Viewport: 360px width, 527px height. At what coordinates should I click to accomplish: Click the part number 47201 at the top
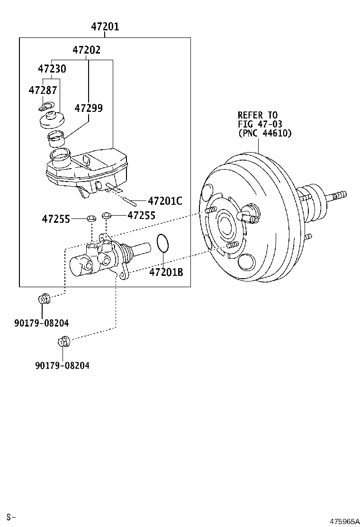point(105,27)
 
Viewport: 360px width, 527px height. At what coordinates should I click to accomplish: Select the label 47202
point(86,50)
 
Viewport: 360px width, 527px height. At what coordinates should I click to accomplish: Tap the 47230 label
point(52,69)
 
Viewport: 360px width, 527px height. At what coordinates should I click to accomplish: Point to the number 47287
point(43,90)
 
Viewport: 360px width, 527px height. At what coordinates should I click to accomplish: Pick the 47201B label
point(166,273)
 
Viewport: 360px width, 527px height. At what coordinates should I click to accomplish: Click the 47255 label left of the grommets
point(56,219)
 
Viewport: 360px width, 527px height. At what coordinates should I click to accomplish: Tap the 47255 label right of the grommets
point(141,216)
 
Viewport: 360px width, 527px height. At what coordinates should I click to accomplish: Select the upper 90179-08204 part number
point(41,323)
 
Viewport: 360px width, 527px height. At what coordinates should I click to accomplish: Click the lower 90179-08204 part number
point(62,365)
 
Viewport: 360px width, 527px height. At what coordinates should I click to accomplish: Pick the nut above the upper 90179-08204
point(43,299)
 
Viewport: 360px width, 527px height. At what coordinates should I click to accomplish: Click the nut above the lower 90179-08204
point(64,341)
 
